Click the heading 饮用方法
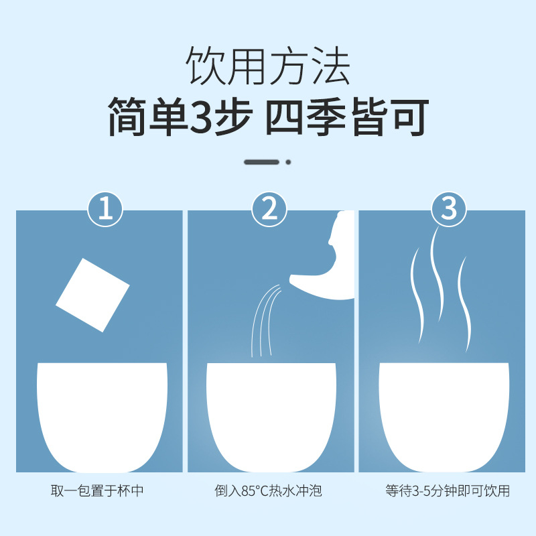coord(267,65)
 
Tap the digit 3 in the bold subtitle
coord(202,116)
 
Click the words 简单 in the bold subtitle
coord(148,116)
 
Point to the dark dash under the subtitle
coord(261,162)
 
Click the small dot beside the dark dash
coord(289,162)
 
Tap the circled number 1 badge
coord(105,209)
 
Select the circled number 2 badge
coord(269,209)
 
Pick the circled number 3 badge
coord(448,208)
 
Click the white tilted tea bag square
coord(92,295)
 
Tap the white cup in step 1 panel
coord(103,417)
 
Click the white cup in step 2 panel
coord(271,417)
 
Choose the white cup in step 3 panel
coord(444,417)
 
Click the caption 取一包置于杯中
coord(97,491)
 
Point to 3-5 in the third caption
coord(421,491)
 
